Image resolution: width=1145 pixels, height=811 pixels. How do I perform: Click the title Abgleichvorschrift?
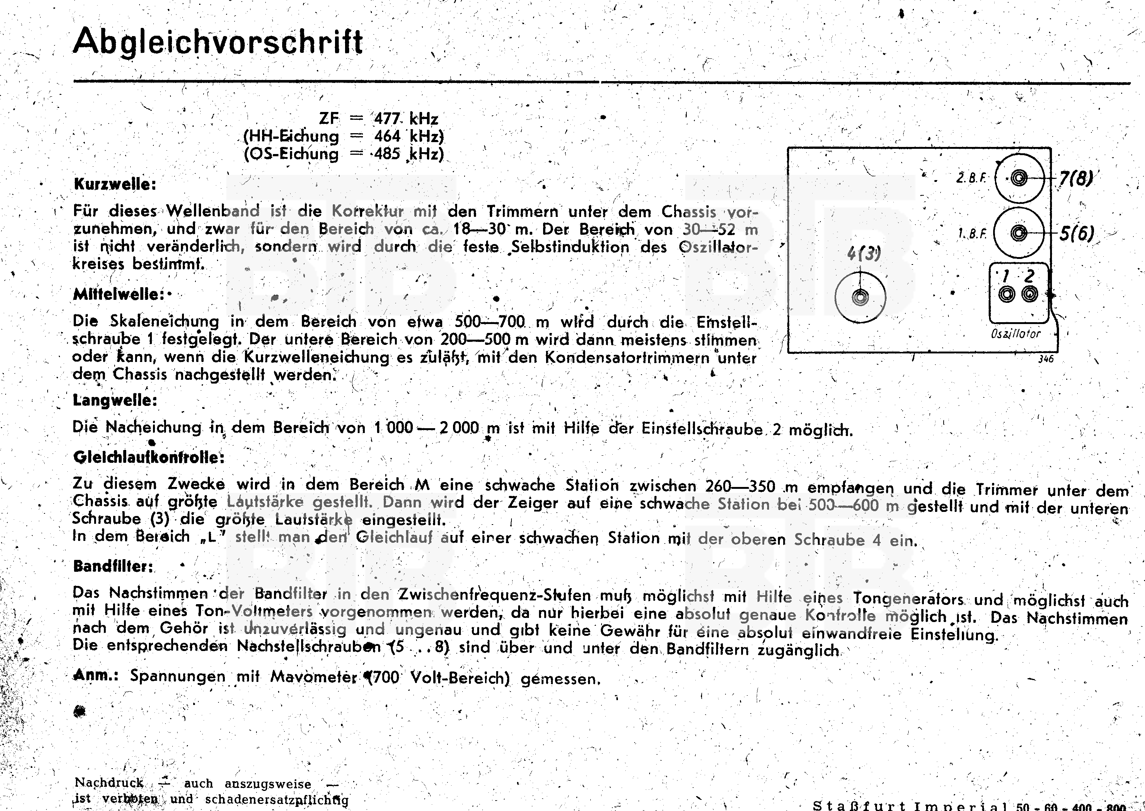218,42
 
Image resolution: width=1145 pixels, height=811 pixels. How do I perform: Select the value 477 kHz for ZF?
406,119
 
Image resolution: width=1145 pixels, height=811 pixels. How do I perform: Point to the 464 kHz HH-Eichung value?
409,136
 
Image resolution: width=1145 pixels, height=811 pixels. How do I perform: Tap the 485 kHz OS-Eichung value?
409,154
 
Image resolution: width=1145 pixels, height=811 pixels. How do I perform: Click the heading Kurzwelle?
115,184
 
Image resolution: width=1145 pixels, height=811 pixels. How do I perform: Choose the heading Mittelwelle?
119,294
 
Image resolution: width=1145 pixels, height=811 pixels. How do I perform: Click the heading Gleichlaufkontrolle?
149,457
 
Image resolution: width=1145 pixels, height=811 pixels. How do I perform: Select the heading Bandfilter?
113,566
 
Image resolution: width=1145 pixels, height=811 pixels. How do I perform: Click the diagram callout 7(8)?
1075,178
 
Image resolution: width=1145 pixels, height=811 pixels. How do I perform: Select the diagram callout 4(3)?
864,254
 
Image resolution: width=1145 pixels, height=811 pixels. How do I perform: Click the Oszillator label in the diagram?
1015,334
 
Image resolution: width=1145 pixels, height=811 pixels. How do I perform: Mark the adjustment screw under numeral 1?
1007,295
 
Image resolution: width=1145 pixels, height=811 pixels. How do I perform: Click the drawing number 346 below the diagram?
1046,359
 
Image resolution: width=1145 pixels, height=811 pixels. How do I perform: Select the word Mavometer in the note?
314,677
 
